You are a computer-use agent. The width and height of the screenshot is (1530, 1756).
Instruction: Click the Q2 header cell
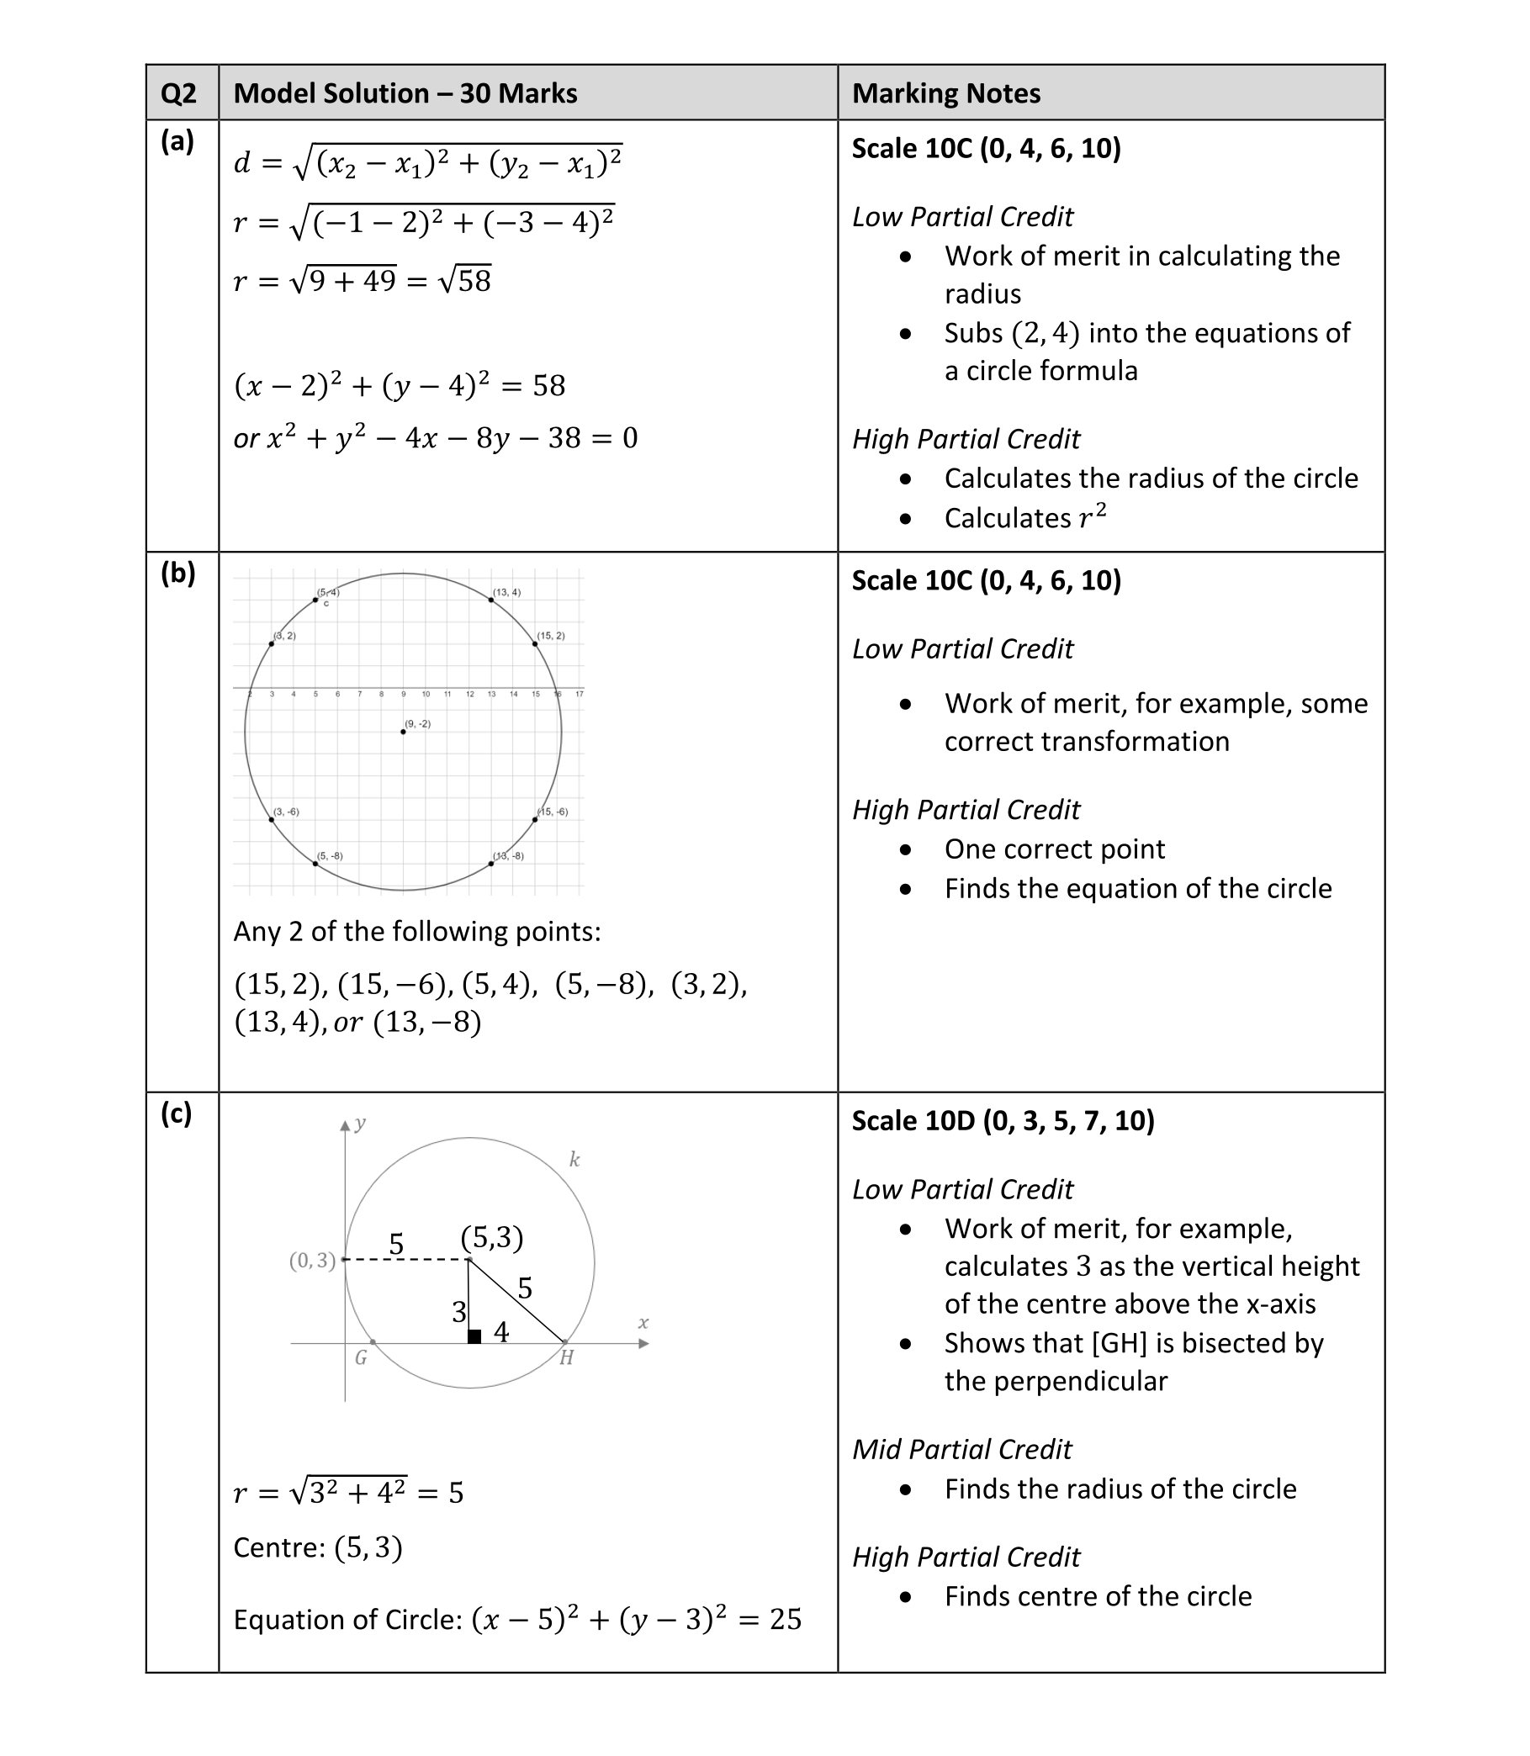[x=178, y=93]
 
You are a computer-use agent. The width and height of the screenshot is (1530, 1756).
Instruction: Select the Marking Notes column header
[x=946, y=93]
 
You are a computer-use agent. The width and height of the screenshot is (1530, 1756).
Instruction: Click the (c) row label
[x=177, y=1113]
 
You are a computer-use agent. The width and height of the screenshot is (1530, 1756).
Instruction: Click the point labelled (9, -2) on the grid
[x=403, y=732]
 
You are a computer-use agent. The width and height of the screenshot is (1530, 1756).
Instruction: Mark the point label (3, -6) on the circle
[x=286, y=812]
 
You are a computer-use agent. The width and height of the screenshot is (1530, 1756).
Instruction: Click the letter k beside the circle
[x=574, y=1159]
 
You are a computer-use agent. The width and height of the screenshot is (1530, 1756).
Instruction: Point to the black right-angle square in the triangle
[x=474, y=1336]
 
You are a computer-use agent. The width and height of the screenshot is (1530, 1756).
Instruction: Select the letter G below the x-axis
[x=360, y=1358]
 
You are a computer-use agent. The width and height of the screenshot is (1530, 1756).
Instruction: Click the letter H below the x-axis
[x=566, y=1358]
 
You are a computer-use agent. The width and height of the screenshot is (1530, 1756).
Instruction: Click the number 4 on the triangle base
[x=502, y=1332]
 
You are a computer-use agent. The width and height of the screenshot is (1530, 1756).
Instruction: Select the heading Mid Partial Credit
[x=961, y=1450]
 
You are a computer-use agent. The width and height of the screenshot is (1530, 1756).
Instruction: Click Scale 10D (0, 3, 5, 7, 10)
[x=1003, y=1121]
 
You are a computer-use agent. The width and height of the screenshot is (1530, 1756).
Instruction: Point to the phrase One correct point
[x=1055, y=849]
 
